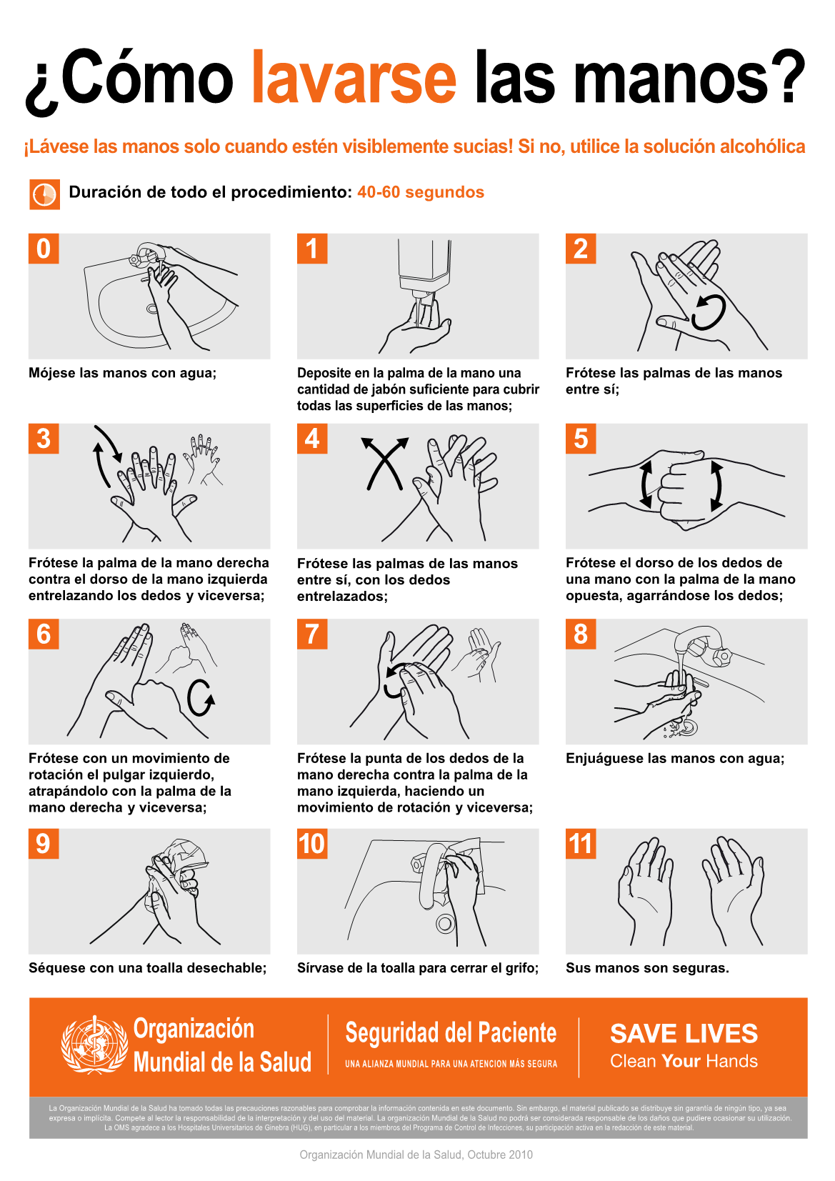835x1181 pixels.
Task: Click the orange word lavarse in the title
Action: (354, 76)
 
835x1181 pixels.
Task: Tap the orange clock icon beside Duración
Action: (44, 194)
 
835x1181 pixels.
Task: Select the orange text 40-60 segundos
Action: (420, 192)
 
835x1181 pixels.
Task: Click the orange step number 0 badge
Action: (44, 249)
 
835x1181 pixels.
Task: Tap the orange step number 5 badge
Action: (581, 438)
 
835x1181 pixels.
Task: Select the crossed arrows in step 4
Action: (385, 462)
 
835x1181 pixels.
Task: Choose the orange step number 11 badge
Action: (581, 844)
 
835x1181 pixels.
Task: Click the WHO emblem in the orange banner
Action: (94, 1045)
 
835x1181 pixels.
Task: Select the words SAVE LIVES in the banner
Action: (684, 1034)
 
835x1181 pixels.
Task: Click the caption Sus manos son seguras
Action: (647, 968)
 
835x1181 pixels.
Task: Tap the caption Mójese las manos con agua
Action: (122, 373)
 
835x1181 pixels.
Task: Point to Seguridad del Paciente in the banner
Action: (451, 1033)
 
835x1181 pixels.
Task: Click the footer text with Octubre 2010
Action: (416, 1155)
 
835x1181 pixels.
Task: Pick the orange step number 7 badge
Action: (312, 634)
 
